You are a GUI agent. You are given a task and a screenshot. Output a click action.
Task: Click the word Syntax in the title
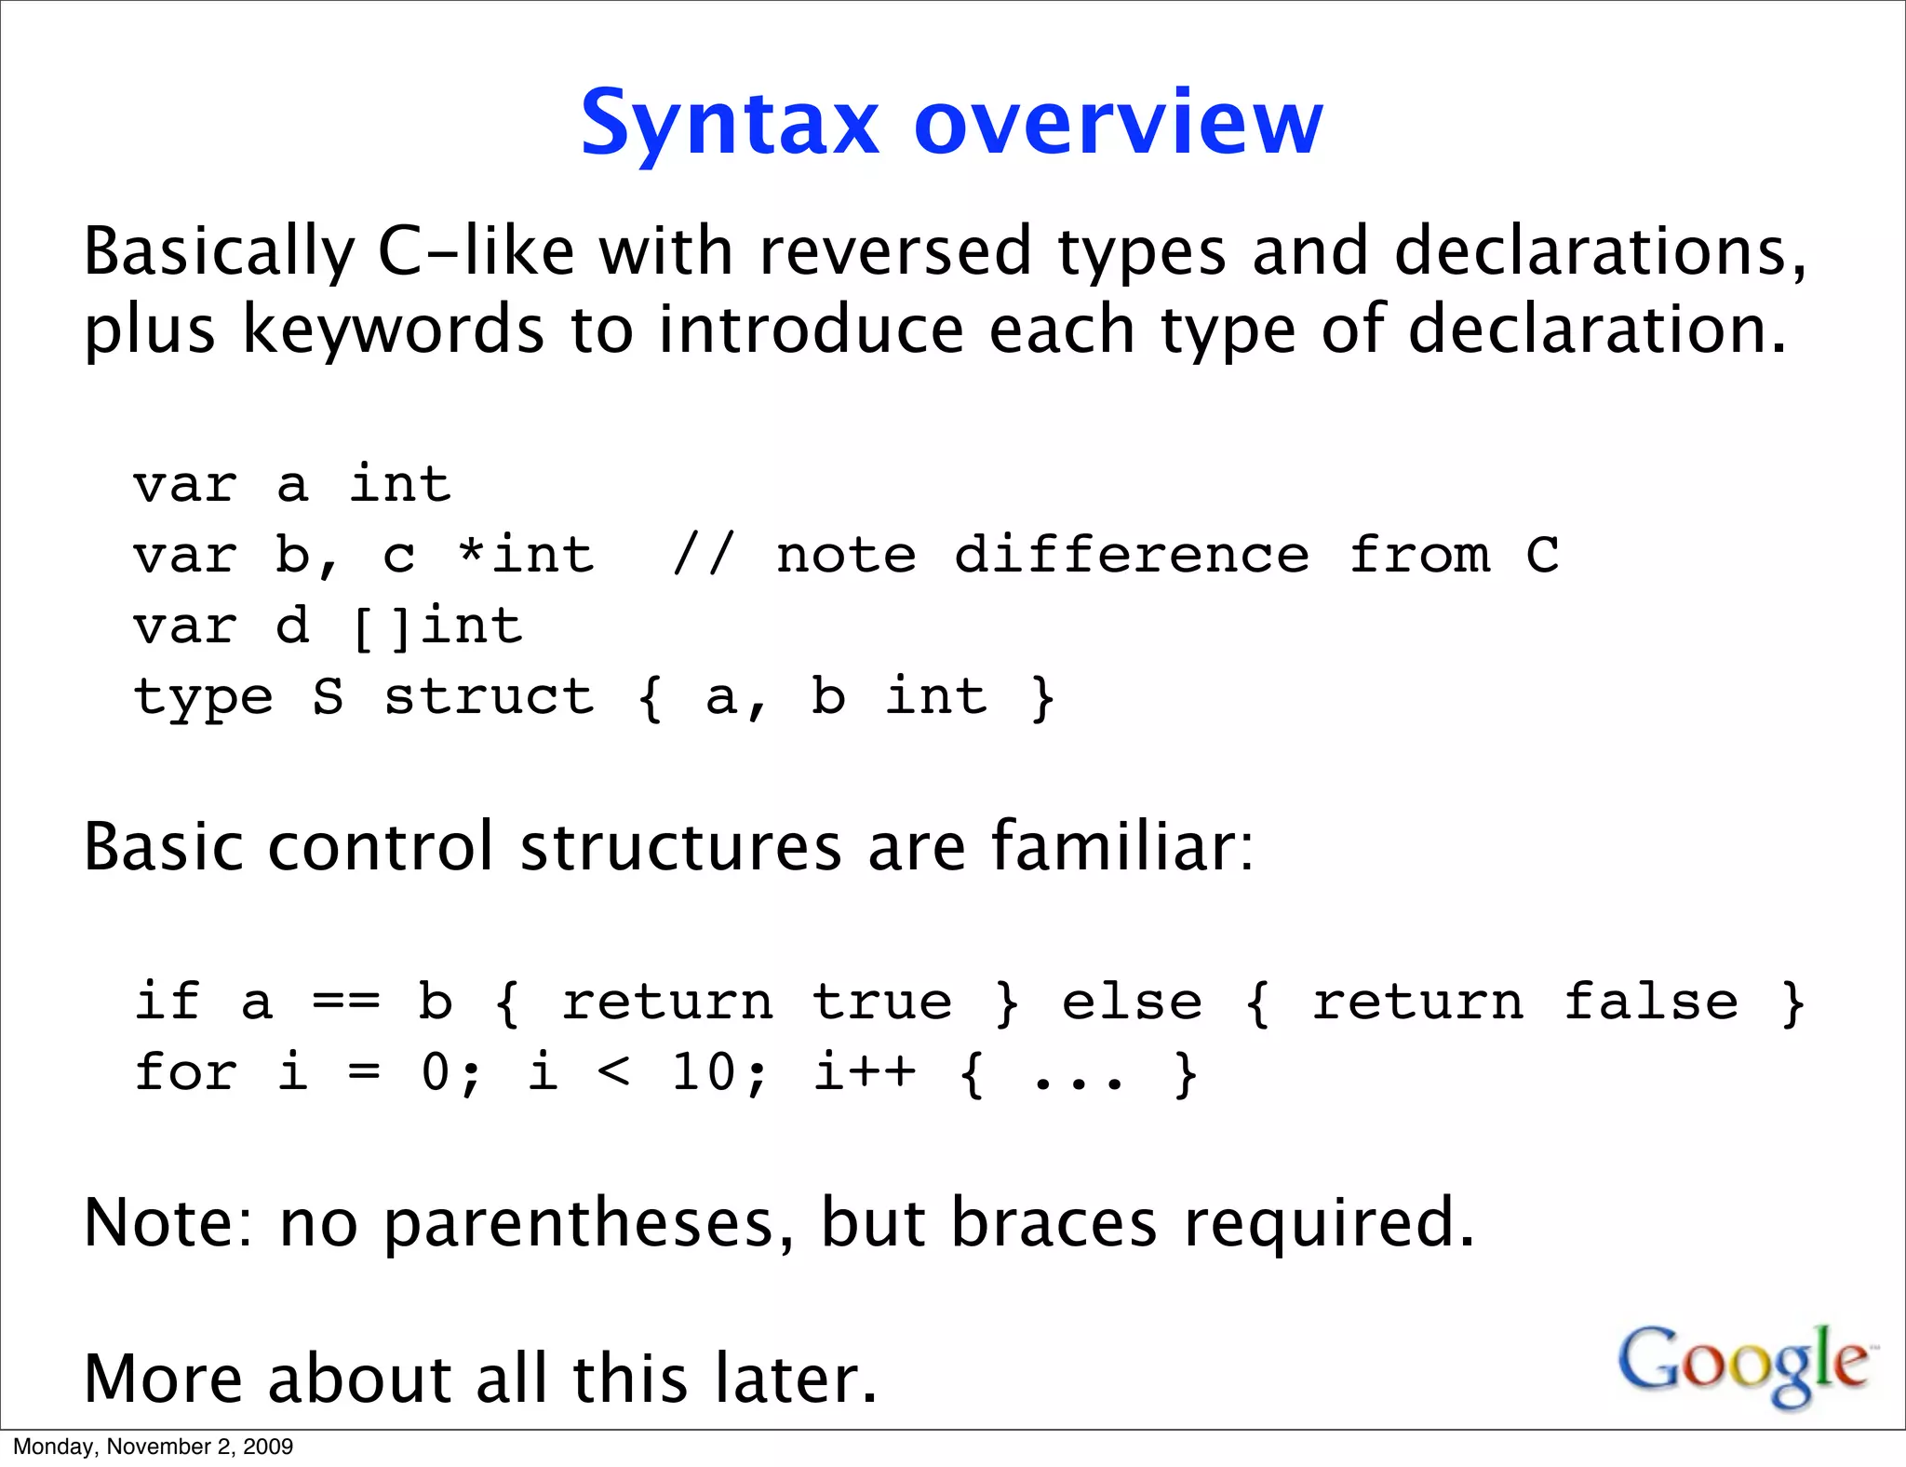[x=730, y=124]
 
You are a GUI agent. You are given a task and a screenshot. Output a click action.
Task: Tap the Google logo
[x=1744, y=1364]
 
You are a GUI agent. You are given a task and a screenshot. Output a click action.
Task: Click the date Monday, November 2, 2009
[x=153, y=1447]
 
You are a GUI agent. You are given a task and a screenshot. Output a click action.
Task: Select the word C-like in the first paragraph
[x=476, y=251]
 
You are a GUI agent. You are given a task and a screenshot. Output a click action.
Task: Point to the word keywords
[x=393, y=330]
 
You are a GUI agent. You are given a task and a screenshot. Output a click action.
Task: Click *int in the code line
[x=526, y=556]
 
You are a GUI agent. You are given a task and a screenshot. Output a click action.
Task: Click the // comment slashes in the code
[x=703, y=556]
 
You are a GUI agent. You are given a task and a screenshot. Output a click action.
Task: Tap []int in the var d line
[x=437, y=626]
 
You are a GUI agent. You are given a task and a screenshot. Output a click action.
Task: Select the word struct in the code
[x=489, y=697]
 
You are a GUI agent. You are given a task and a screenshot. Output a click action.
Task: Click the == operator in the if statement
[x=345, y=1003]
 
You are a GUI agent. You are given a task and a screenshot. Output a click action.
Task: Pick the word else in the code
[x=1132, y=1003]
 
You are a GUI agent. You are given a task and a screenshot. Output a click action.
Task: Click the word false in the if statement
[x=1650, y=1003]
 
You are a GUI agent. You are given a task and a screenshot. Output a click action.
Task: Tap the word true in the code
[x=882, y=1003]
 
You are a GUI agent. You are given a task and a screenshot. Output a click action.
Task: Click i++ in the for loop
[x=865, y=1073]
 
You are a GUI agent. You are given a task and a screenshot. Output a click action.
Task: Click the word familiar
[x=1121, y=847]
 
